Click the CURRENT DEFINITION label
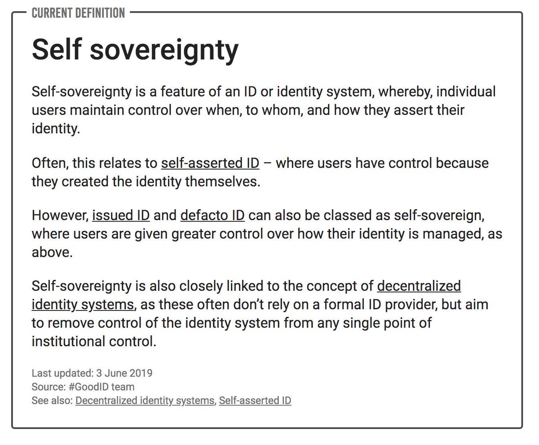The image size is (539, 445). pyautogui.click(x=78, y=13)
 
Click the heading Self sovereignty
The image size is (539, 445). pyautogui.click(x=135, y=49)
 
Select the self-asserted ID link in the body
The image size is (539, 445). pyautogui.click(x=210, y=162)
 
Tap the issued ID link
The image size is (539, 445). pyautogui.click(x=121, y=215)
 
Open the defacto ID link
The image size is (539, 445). pyautogui.click(x=212, y=215)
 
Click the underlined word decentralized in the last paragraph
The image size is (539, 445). pyautogui.click(x=419, y=286)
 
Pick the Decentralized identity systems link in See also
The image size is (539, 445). pyautogui.click(x=145, y=400)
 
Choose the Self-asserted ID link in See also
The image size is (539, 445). pyautogui.click(x=255, y=400)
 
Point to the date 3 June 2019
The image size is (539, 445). pyautogui.click(x=124, y=373)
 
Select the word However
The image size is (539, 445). pyautogui.click(x=59, y=215)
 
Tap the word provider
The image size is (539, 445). pyautogui.click(x=407, y=305)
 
